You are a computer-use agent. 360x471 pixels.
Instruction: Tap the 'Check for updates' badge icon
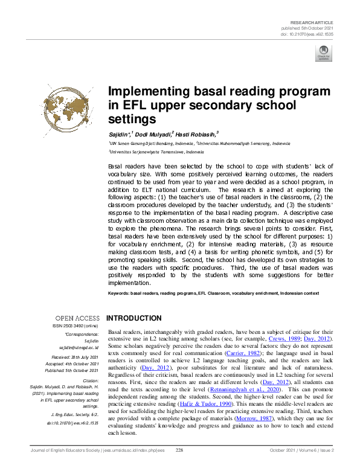(x=323, y=54)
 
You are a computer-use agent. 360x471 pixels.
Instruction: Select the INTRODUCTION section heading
(x=133, y=318)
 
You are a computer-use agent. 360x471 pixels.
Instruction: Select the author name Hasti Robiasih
(x=196, y=133)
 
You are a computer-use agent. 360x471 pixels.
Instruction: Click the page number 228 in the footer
(x=179, y=467)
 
